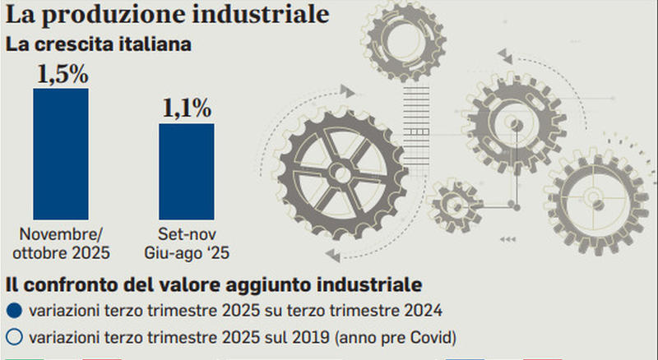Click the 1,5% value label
tap(61, 74)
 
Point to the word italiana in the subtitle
tap(154, 44)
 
